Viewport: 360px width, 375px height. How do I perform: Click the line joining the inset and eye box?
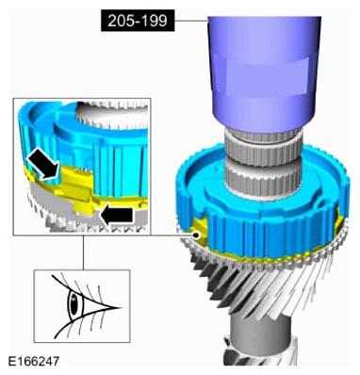(x=82, y=253)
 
